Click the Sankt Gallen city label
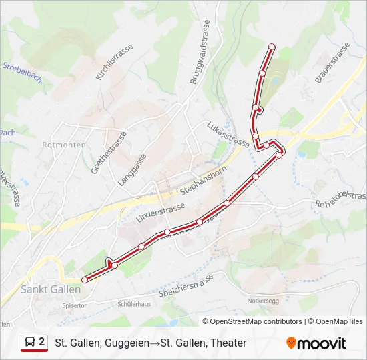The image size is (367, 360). point(51,289)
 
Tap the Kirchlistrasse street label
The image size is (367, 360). point(114,63)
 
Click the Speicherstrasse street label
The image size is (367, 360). point(186,285)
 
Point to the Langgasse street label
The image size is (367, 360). point(131,169)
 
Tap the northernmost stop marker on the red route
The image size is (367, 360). point(272,46)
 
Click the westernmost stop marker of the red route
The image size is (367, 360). point(84,279)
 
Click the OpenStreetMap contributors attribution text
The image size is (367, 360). point(256,321)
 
